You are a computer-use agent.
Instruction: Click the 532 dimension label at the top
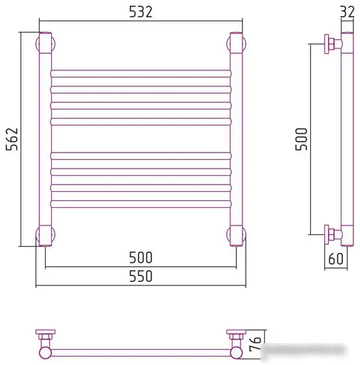pyautogui.click(x=141, y=12)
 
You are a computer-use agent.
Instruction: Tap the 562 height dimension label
pyautogui.click(x=12, y=139)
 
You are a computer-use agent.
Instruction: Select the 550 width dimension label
pyautogui.click(x=141, y=276)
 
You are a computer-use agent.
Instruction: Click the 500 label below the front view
pyautogui.click(x=141, y=257)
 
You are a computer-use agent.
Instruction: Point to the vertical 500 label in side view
pyautogui.click(x=302, y=139)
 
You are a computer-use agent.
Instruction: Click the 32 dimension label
pyautogui.click(x=347, y=12)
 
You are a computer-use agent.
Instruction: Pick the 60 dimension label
pyautogui.click(x=336, y=259)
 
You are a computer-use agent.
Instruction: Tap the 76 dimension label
pyautogui.click(x=255, y=344)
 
